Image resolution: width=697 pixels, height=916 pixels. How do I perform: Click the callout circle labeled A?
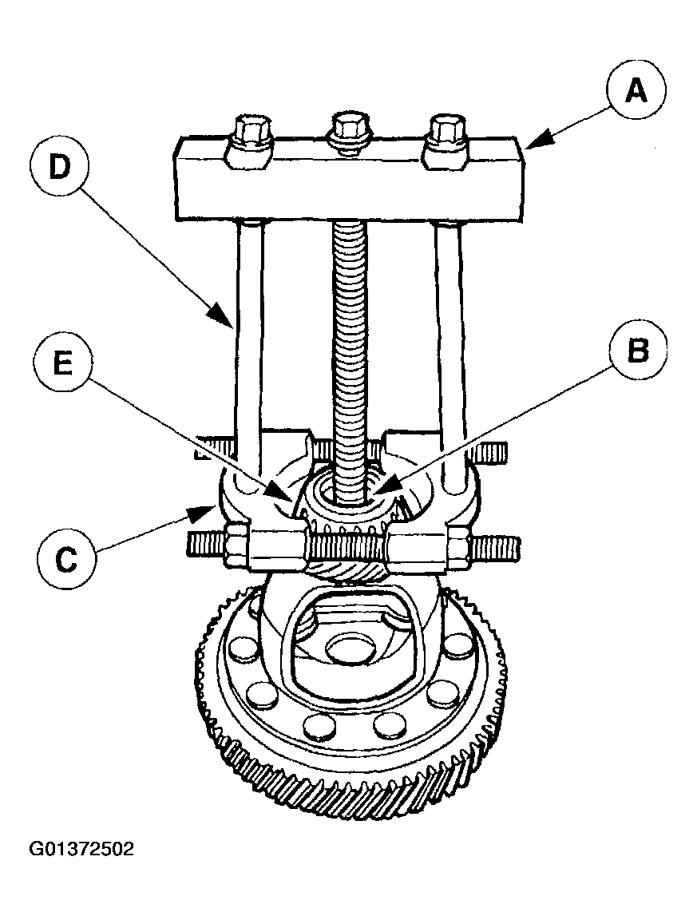pos(636,91)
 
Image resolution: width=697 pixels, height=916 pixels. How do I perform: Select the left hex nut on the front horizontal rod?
pos(240,548)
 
